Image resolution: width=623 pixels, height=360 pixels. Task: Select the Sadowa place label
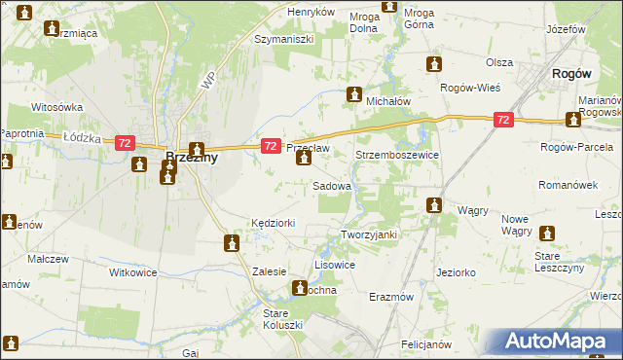pos(331,185)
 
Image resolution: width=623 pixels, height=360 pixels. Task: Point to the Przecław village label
pos(309,147)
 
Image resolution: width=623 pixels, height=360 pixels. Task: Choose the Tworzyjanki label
pos(370,235)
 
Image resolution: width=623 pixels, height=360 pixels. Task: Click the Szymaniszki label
pos(283,39)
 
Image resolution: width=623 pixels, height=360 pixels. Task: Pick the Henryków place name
pos(311,12)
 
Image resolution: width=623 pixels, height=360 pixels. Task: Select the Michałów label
pos(387,100)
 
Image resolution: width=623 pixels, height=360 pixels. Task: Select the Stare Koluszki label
pos(283,318)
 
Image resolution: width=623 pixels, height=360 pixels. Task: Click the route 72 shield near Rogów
pos(502,120)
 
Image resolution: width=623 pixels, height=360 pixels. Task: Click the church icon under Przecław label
pos(304,159)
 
